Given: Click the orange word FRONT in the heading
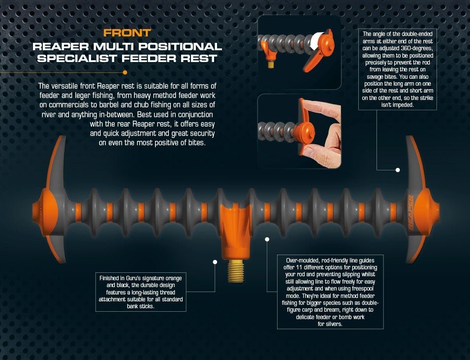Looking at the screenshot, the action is [127, 33].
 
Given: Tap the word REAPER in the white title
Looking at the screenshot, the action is [61, 46].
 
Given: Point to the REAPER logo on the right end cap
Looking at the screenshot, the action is [410, 212].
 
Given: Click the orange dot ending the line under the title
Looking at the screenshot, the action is [125, 72].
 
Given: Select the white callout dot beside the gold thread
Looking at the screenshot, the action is [215, 262].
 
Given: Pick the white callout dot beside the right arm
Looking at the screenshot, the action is [398, 170].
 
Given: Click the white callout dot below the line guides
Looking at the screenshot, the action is [267, 239].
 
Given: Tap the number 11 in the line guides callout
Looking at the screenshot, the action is [299, 267].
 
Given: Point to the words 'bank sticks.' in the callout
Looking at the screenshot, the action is [141, 307].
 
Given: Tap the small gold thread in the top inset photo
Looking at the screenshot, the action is [271, 64].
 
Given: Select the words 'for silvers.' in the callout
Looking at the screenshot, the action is [330, 324].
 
